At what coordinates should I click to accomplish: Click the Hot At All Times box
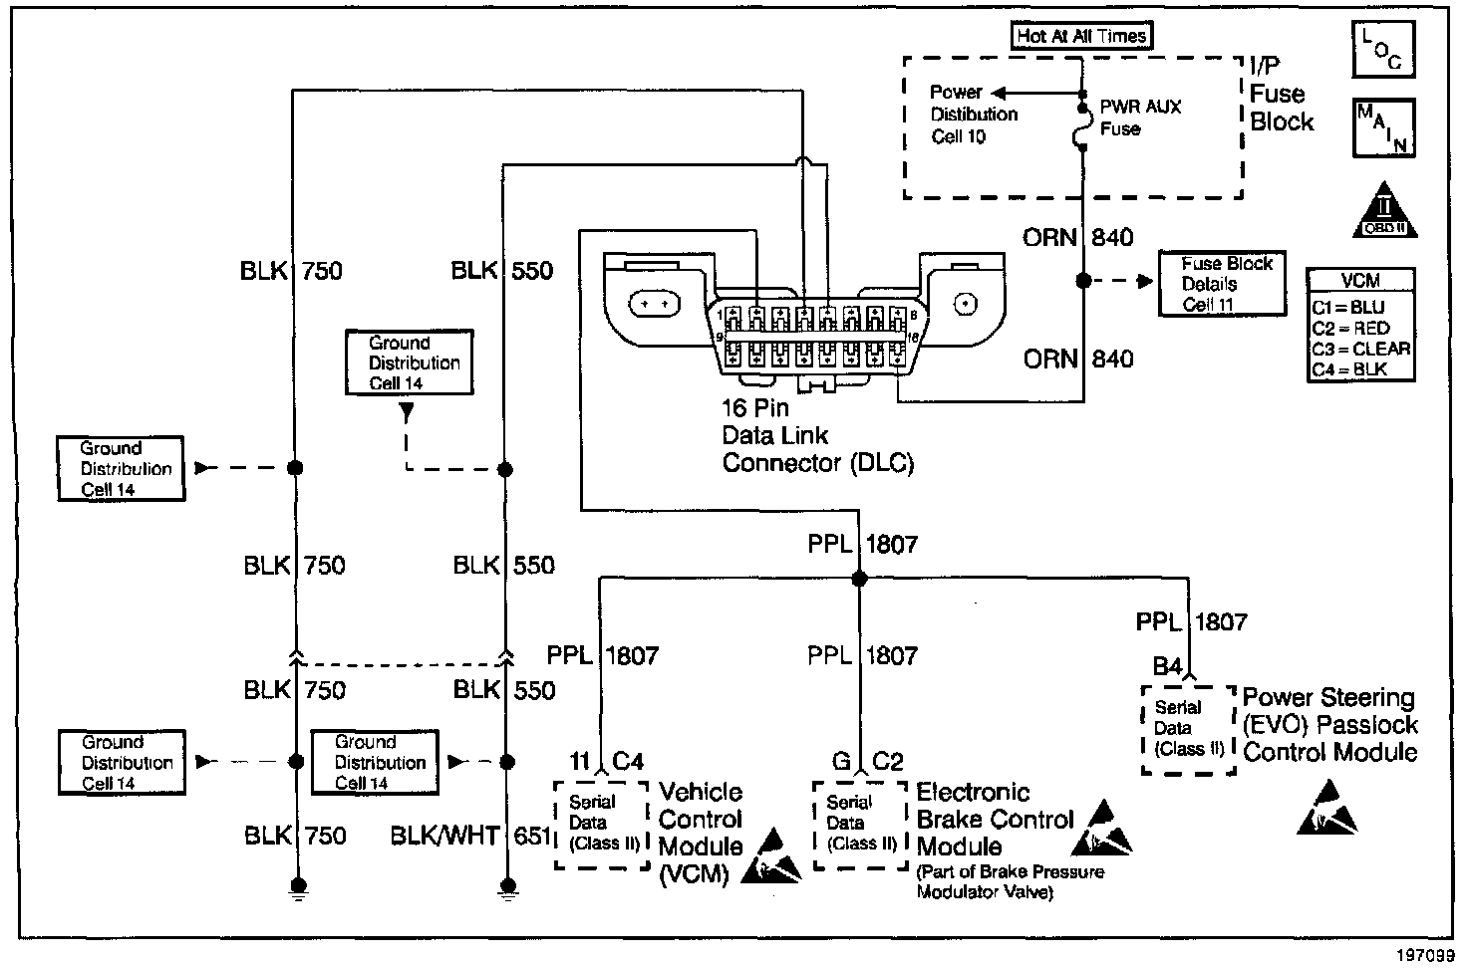[x=1082, y=37]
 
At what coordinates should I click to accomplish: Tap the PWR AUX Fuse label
[x=1140, y=117]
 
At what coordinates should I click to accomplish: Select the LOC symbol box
[x=1382, y=49]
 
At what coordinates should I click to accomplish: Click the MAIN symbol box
[x=1382, y=127]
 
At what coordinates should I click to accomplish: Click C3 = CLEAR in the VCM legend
[x=1360, y=349]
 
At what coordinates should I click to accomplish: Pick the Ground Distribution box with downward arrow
[x=409, y=363]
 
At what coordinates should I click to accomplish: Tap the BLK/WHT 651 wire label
[x=471, y=837]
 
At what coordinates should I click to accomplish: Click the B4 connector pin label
[x=1167, y=666]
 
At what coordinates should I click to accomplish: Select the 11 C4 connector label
[x=606, y=762]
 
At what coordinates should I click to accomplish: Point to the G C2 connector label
[x=866, y=762]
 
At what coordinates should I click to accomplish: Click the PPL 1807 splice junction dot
[x=859, y=579]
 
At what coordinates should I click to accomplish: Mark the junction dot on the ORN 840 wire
[x=1083, y=282]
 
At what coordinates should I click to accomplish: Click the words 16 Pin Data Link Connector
[x=817, y=435]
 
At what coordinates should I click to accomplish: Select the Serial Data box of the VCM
[x=601, y=824]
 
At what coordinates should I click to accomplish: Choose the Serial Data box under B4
[x=1188, y=729]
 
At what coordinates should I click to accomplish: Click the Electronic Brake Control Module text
[x=994, y=820]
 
